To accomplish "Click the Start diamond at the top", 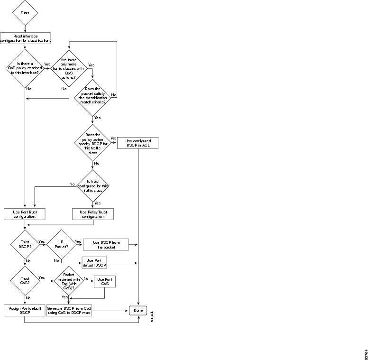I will tap(25, 13).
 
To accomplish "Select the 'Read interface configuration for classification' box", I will tap(25, 38).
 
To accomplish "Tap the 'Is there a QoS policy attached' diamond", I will tap(25, 69).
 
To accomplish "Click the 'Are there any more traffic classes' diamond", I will tap(70, 68).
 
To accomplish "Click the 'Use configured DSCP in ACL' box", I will tap(138, 143).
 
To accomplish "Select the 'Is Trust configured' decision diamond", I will tap(92, 185).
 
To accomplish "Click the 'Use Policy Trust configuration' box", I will tap(93, 214).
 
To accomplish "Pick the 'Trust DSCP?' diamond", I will tap(25, 245).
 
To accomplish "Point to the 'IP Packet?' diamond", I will tap(62, 245).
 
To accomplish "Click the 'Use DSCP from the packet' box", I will tap(106, 245).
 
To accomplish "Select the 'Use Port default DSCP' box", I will tap(94, 262).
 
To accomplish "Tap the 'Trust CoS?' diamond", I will tap(25, 281).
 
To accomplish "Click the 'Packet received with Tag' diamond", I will tap(69, 281).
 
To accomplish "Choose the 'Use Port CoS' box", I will tap(105, 281).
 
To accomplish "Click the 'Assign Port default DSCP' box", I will tap(25, 310).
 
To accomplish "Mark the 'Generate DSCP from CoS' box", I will tap(69, 310).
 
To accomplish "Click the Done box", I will tap(138, 310).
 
